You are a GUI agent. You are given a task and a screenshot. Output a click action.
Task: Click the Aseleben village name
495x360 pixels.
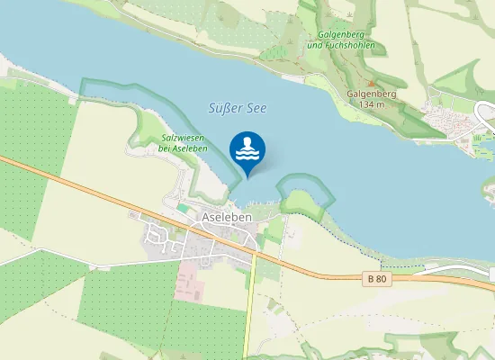(x=227, y=219)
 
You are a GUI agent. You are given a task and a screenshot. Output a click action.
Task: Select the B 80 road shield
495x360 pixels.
(x=379, y=280)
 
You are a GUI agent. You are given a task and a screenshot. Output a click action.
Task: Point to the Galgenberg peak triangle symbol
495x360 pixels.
(x=370, y=83)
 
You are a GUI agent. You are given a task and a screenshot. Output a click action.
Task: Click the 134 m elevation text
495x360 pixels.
(x=371, y=104)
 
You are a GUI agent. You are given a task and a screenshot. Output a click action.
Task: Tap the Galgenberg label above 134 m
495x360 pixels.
(x=370, y=94)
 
